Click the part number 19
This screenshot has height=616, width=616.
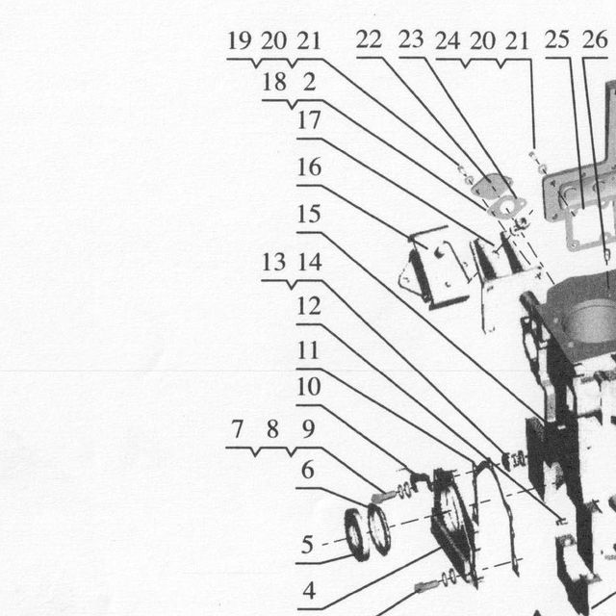point(240,40)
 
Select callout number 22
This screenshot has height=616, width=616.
point(369,39)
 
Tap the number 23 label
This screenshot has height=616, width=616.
point(411,39)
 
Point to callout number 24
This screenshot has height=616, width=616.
point(448,40)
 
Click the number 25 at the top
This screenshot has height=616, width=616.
point(556,39)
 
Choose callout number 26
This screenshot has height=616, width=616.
point(595,39)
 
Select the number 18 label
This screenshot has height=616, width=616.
point(274,82)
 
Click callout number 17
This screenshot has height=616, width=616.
point(309,119)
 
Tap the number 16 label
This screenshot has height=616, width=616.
point(309,167)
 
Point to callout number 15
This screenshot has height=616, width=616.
point(309,214)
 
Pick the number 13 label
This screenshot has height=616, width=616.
point(273,262)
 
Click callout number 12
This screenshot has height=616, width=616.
point(309,306)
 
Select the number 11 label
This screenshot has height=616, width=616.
point(308,350)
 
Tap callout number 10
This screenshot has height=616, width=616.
point(309,387)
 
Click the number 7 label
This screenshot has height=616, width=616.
point(238,429)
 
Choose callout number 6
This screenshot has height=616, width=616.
point(308,471)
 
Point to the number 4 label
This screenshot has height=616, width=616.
point(309,590)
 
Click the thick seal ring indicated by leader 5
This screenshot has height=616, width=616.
point(357,535)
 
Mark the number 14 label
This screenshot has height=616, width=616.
point(310,262)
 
